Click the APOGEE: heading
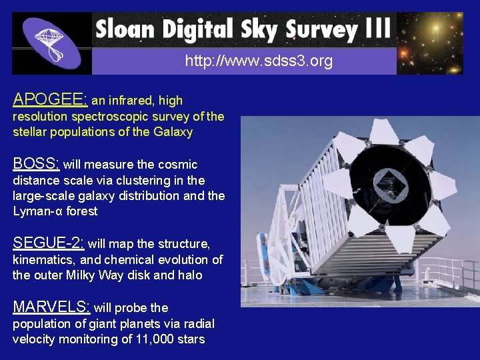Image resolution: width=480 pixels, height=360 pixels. (x=50, y=100)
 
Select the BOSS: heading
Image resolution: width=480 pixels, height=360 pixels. (x=36, y=164)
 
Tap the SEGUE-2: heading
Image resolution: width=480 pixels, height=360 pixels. (x=49, y=243)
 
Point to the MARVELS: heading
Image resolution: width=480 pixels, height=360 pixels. (x=51, y=307)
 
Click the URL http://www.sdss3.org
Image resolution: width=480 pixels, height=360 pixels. (x=259, y=62)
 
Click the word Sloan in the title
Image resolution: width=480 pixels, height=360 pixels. (x=124, y=29)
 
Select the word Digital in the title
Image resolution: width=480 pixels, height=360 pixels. (x=193, y=29)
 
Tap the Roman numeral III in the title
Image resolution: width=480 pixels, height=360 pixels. (x=377, y=29)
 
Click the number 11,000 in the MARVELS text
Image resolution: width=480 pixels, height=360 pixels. (x=152, y=339)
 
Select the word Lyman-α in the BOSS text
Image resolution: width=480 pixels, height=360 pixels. (x=37, y=211)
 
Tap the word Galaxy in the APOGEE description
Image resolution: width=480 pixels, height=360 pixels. (x=173, y=132)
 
